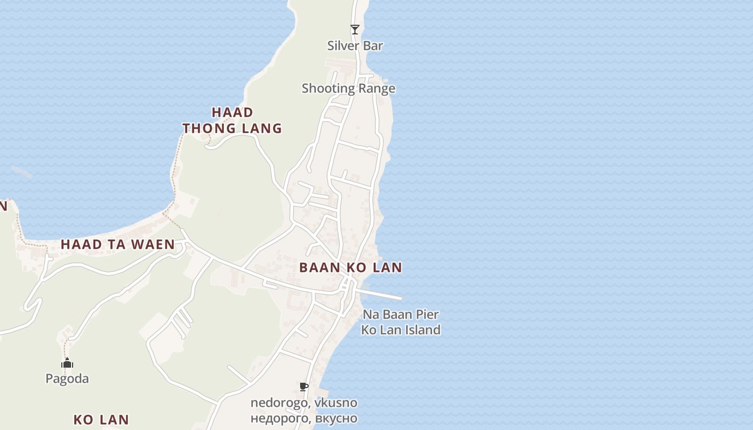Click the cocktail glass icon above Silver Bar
(355, 30)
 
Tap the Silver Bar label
(355, 46)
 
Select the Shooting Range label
(349, 88)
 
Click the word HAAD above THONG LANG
(232, 112)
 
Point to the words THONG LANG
(232, 128)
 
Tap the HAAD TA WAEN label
(117, 245)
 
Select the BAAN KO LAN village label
(351, 268)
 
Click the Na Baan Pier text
(401, 314)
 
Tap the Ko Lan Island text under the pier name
(401, 330)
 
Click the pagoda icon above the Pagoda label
(67, 363)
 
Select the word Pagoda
(67, 379)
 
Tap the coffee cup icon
(304, 387)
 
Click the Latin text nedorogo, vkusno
(304, 403)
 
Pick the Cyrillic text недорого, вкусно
(304, 418)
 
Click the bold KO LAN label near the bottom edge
(101, 420)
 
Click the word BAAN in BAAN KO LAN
(317, 268)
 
